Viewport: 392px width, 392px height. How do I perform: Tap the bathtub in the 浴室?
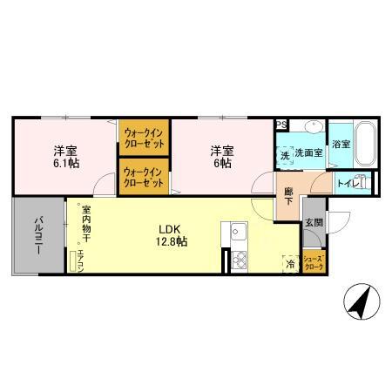point(363,145)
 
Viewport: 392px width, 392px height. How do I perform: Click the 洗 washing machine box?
point(284,155)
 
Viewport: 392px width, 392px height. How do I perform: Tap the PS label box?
point(280,125)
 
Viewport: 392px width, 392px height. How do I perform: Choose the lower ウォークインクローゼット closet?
point(144,177)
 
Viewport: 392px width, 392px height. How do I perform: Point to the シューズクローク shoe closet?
point(314,261)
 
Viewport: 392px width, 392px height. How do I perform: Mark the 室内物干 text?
point(85,224)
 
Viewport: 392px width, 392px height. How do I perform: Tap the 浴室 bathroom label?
point(341,144)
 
